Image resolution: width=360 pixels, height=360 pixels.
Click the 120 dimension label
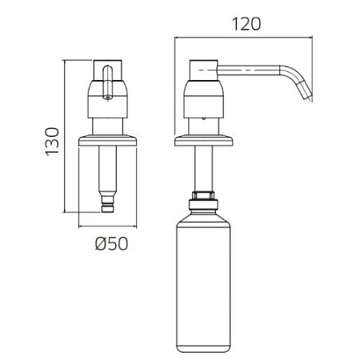coord(246,24)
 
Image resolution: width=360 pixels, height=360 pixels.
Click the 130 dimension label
coord(52,142)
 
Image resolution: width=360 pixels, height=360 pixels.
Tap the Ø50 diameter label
coord(111,243)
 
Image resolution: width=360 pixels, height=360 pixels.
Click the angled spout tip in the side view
coord(307,94)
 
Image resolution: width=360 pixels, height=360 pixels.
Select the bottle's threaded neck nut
coord(203,195)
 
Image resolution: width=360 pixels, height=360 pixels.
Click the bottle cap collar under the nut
coord(203,204)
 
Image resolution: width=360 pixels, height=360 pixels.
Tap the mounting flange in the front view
coord(108,141)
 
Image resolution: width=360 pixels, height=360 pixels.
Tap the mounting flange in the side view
coord(203,141)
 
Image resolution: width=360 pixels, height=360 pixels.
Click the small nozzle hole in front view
coord(107,98)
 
